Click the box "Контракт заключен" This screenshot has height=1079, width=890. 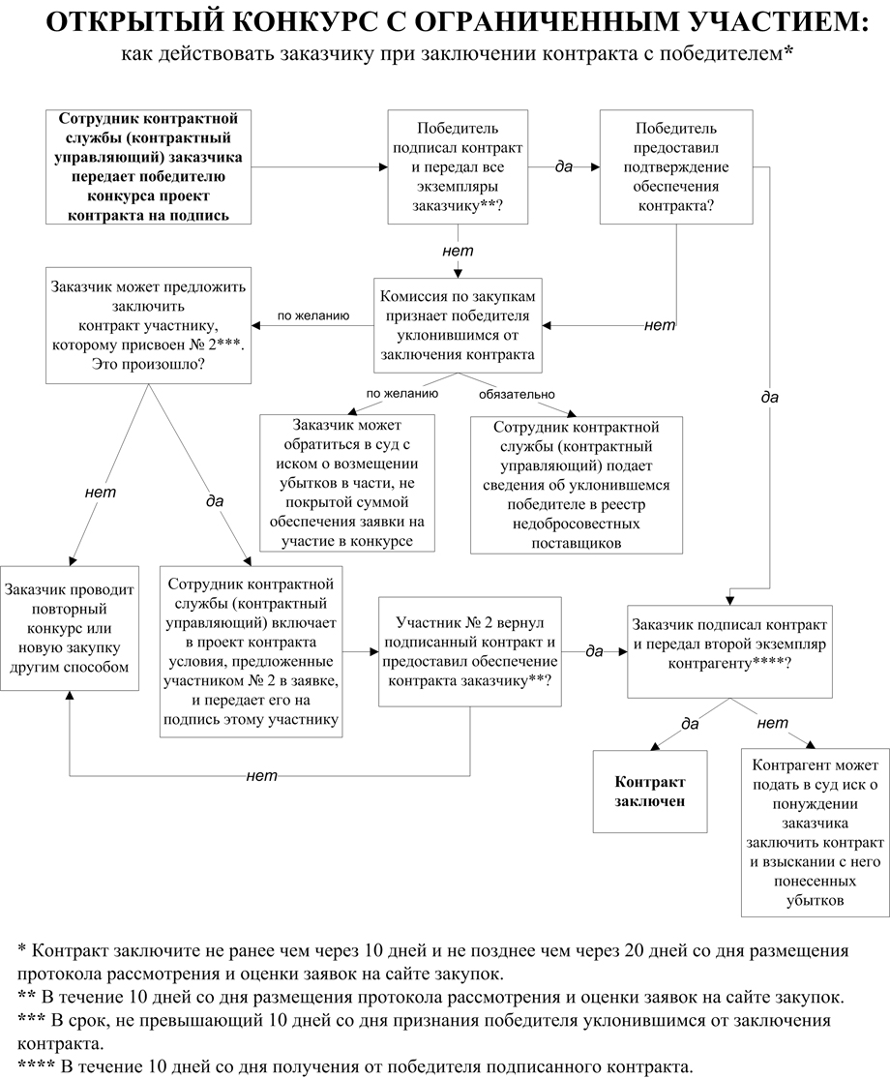coord(650,791)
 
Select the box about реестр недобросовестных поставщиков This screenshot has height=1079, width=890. coord(577,484)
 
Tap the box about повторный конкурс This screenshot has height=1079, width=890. coord(68,627)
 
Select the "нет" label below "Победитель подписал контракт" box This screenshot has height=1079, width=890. coord(458,251)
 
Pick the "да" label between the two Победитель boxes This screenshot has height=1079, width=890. coord(564,166)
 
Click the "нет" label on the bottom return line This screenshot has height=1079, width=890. coord(262,775)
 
